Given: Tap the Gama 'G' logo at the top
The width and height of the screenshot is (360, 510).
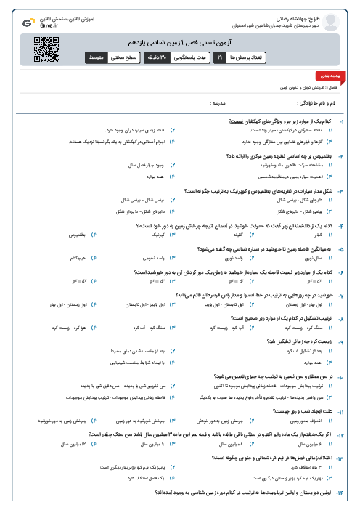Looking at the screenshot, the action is click(27, 23).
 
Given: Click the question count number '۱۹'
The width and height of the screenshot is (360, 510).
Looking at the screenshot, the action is click(218, 56).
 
